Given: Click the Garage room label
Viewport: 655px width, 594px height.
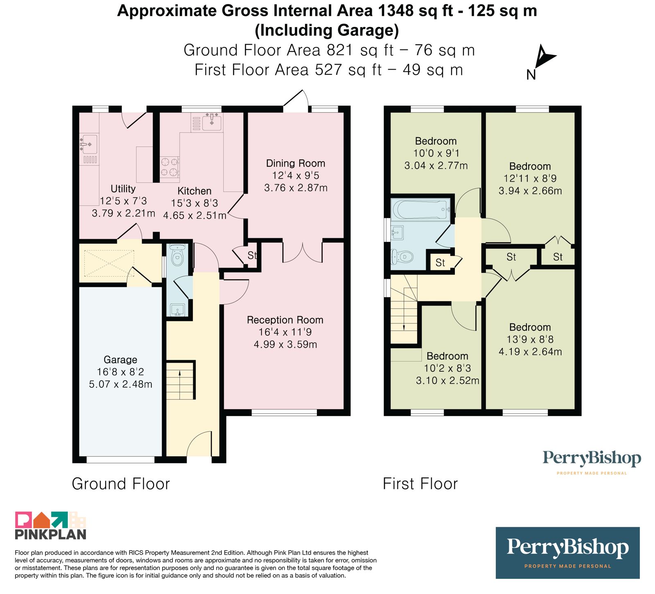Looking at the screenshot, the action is click(x=120, y=359).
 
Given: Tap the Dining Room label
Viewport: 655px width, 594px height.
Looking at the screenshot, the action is click(x=296, y=163).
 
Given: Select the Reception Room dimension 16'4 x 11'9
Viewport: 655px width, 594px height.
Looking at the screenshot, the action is click(x=285, y=332).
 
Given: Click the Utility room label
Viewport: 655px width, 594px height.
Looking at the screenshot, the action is click(x=123, y=189).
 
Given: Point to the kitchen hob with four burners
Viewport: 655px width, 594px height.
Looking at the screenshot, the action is click(x=169, y=167).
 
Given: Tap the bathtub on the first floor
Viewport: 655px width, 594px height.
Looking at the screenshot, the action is click(x=420, y=210).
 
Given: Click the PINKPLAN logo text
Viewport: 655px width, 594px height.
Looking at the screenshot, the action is click(x=51, y=534).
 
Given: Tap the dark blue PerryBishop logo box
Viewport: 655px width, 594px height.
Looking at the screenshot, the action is click(x=567, y=553).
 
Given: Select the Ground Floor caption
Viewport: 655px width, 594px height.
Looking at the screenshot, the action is click(x=121, y=484).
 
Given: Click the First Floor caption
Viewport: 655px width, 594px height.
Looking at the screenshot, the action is click(x=420, y=484).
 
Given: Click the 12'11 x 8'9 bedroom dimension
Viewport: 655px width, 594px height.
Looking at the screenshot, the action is click(x=530, y=178).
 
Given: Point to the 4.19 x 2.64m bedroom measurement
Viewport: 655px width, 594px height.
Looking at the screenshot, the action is click(x=530, y=352).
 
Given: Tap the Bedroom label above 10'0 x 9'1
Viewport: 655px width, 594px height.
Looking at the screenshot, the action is click(x=436, y=141).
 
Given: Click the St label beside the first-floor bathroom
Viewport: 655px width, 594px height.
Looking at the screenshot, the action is click(x=440, y=263).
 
